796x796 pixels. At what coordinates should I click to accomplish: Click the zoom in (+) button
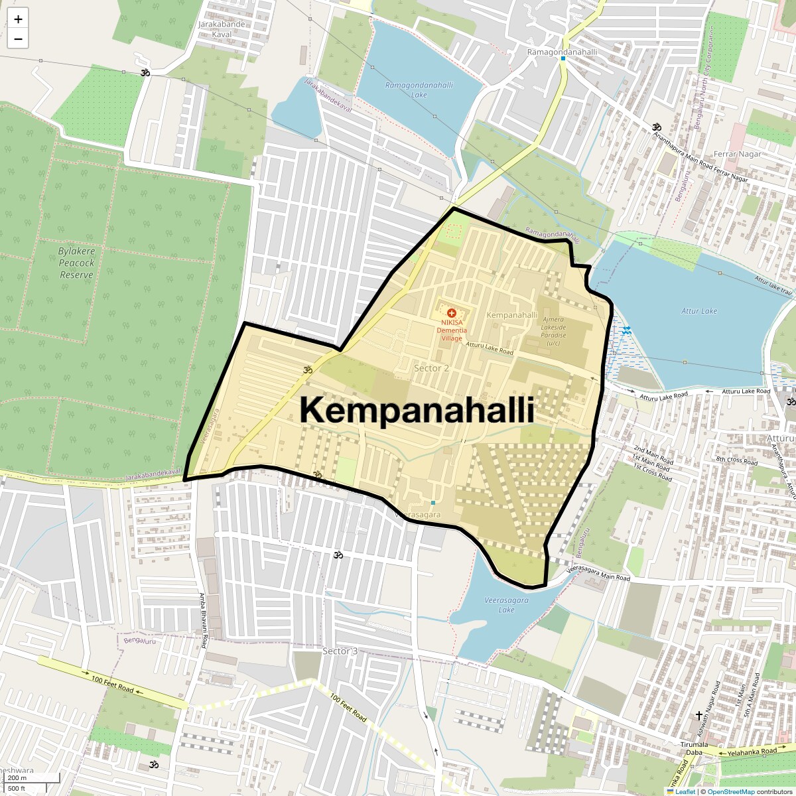pos(18,19)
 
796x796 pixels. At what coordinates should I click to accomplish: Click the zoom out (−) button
pos(18,39)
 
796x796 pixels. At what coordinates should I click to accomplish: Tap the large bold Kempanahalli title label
pos(417,410)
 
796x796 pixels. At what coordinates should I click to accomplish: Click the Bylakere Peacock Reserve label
pos(76,263)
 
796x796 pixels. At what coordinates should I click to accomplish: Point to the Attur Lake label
pos(699,310)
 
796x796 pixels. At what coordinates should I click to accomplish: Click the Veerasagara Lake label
pos(507,604)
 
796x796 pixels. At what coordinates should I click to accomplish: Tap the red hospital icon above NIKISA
pos(452,312)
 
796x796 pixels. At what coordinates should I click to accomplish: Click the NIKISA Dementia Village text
pos(452,330)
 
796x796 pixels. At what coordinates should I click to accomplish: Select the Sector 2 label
pos(431,368)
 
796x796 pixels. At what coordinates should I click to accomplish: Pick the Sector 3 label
pos(340,651)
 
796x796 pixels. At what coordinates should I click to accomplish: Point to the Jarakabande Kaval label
pos(222,29)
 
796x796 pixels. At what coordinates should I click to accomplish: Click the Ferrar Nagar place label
pos(738,154)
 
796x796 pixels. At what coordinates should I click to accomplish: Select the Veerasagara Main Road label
pos(598,574)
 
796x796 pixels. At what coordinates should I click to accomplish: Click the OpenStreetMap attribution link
pos(730,791)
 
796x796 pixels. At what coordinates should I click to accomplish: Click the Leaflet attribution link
pos(685,791)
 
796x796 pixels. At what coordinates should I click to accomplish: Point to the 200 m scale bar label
pos(17,778)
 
